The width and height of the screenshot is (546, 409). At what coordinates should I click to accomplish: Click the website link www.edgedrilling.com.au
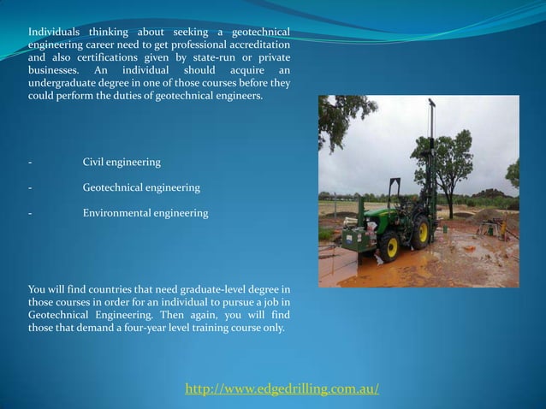(x=282, y=390)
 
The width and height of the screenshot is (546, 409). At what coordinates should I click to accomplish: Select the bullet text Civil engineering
(x=121, y=162)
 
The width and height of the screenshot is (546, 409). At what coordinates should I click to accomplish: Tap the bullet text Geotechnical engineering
(x=141, y=187)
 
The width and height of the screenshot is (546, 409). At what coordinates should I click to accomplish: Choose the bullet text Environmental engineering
(x=145, y=212)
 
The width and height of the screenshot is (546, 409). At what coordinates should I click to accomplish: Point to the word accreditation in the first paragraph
(x=258, y=44)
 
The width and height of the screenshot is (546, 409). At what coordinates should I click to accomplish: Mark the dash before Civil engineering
(x=30, y=162)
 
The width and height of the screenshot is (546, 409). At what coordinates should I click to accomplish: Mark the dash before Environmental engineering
(x=30, y=212)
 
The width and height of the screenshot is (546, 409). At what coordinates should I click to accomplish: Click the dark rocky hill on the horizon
(x=491, y=194)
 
